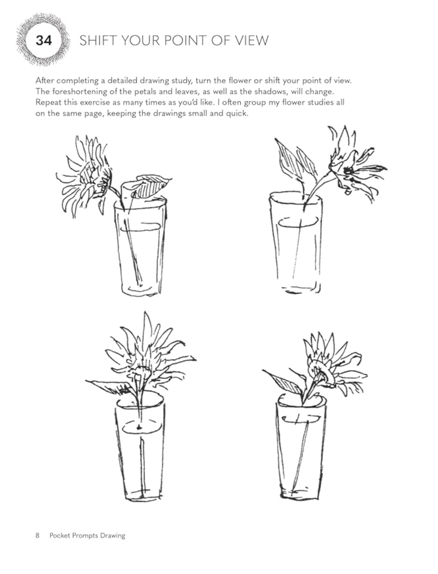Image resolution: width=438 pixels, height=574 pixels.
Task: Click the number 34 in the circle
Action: pos(44,41)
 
